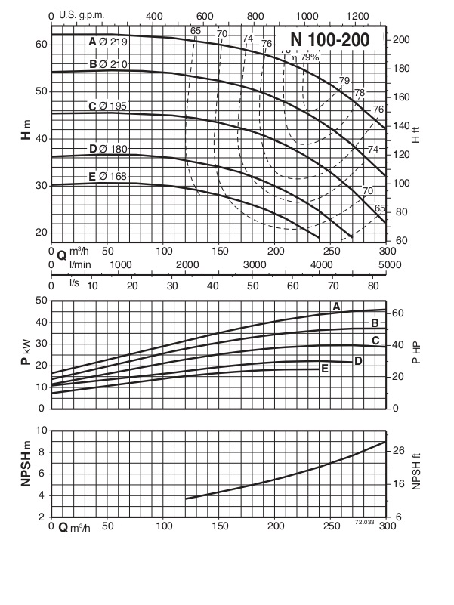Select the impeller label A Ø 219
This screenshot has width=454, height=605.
108,42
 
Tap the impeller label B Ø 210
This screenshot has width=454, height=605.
108,64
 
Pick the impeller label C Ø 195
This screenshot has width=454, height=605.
108,106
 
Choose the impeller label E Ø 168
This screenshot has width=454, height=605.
108,177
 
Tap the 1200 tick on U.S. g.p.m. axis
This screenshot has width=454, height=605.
357,15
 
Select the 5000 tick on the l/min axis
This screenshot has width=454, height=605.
388,264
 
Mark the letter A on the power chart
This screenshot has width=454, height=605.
337,306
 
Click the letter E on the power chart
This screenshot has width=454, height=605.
324,369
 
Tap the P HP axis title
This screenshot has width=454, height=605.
416,353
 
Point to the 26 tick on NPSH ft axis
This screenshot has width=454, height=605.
400,451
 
